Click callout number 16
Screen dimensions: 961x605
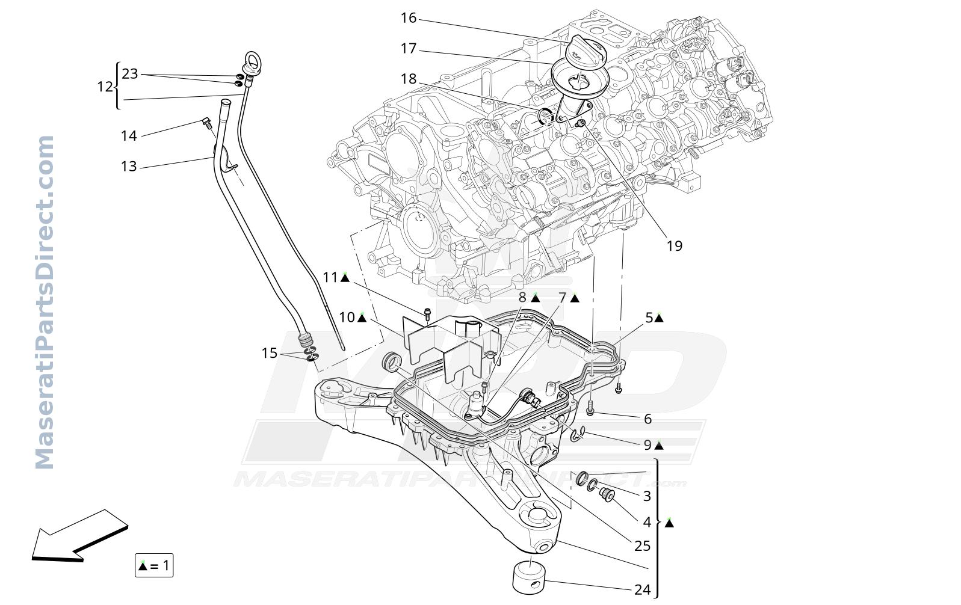(409, 18)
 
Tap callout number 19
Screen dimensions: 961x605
(675, 246)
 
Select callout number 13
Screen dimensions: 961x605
(129, 166)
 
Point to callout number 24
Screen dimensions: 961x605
(642, 590)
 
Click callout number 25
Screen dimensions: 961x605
(642, 546)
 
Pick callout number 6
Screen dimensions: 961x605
(648, 419)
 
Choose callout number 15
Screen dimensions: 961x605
(270, 353)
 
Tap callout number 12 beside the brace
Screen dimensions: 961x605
(105, 87)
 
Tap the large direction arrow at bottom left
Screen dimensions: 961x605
(80, 535)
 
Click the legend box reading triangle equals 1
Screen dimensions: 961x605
(154, 565)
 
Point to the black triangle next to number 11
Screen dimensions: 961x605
(344, 278)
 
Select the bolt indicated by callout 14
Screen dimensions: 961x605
(207, 123)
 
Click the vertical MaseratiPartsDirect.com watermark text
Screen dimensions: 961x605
(44, 302)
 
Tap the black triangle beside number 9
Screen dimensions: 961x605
(659, 446)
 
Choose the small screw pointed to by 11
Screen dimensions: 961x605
(427, 315)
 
